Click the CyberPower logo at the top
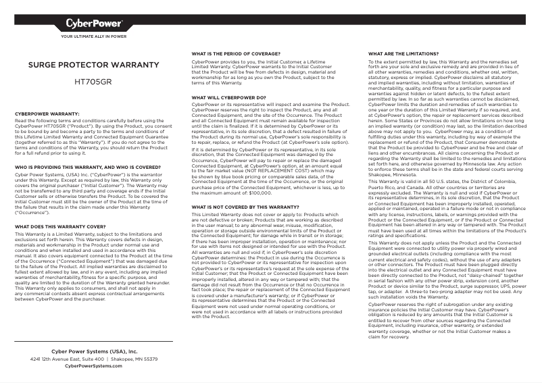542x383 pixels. coord(94,26)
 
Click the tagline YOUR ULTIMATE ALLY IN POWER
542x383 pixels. coord(94,36)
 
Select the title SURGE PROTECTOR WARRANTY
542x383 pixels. coord(93,66)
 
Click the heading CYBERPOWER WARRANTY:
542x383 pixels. coord(47,114)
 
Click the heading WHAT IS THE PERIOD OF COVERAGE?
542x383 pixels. coord(236,53)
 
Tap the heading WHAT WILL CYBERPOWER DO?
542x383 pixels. coord(228,98)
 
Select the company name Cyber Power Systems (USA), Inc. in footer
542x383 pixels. coord(94,351)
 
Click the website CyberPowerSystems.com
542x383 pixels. coord(94,366)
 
